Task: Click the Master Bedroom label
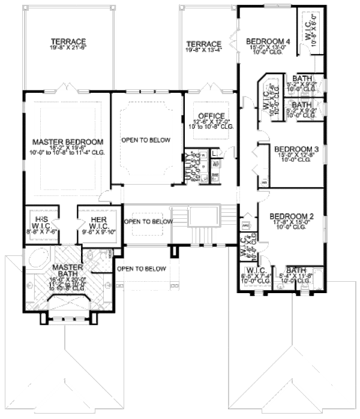pos(68,141)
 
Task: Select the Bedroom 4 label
pos(268,41)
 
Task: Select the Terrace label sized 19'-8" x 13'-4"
pos(204,44)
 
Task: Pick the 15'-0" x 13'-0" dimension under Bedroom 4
pos(268,49)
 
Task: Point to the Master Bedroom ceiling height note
pos(68,153)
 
